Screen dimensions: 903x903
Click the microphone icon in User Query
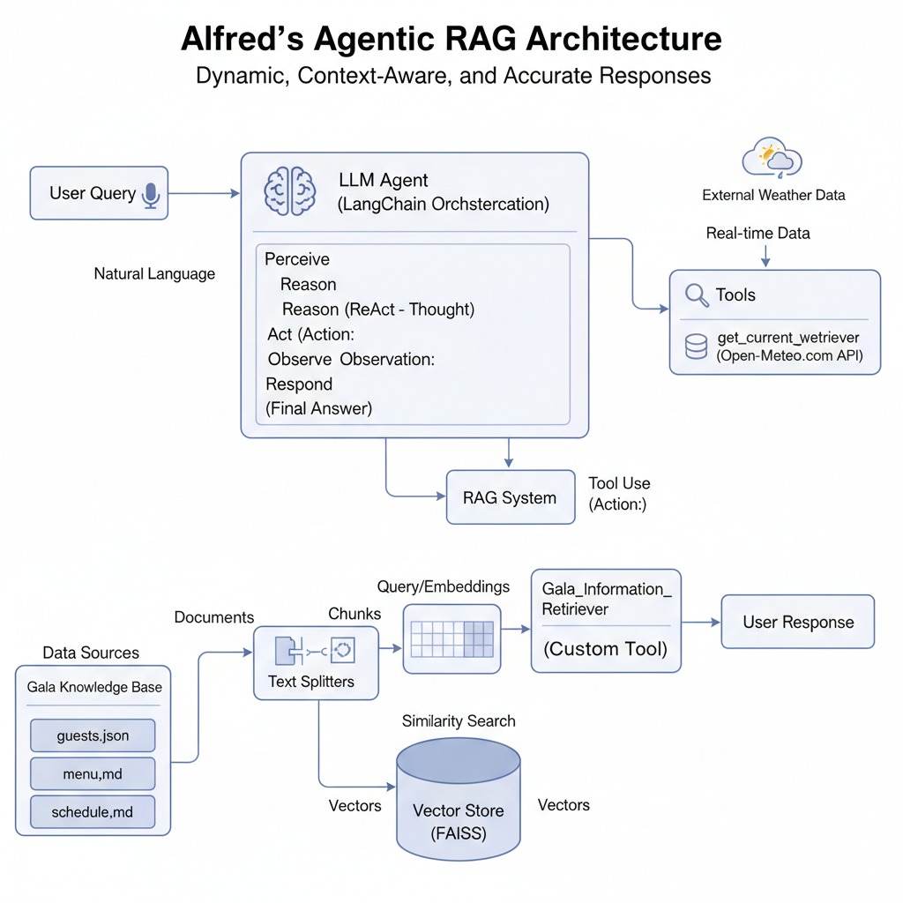[151, 195]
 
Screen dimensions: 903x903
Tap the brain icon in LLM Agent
[290, 191]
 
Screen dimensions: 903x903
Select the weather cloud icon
[772, 158]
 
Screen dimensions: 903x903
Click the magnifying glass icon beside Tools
[698, 295]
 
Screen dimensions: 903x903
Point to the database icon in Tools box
[696, 347]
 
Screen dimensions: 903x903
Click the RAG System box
[510, 497]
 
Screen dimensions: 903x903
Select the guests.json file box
[93, 735]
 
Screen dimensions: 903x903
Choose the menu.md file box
[93, 773]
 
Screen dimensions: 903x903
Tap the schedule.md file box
[93, 811]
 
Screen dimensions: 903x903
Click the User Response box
[798, 623]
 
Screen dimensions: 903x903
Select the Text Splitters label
[311, 681]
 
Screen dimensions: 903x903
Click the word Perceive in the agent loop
[297, 259]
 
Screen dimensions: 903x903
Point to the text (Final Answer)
[319, 408]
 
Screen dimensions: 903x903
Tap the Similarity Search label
[459, 721]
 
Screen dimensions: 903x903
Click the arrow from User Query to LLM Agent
[204, 194]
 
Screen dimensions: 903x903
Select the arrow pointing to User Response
[701, 623]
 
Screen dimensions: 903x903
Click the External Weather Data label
[773, 195]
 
